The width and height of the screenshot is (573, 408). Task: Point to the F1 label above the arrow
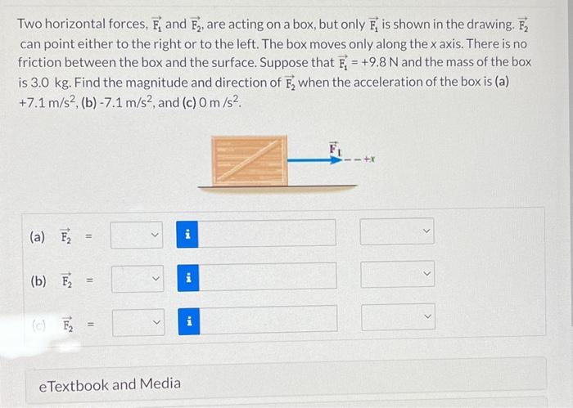click(333, 148)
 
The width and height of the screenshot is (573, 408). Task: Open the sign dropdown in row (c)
click(138, 321)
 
